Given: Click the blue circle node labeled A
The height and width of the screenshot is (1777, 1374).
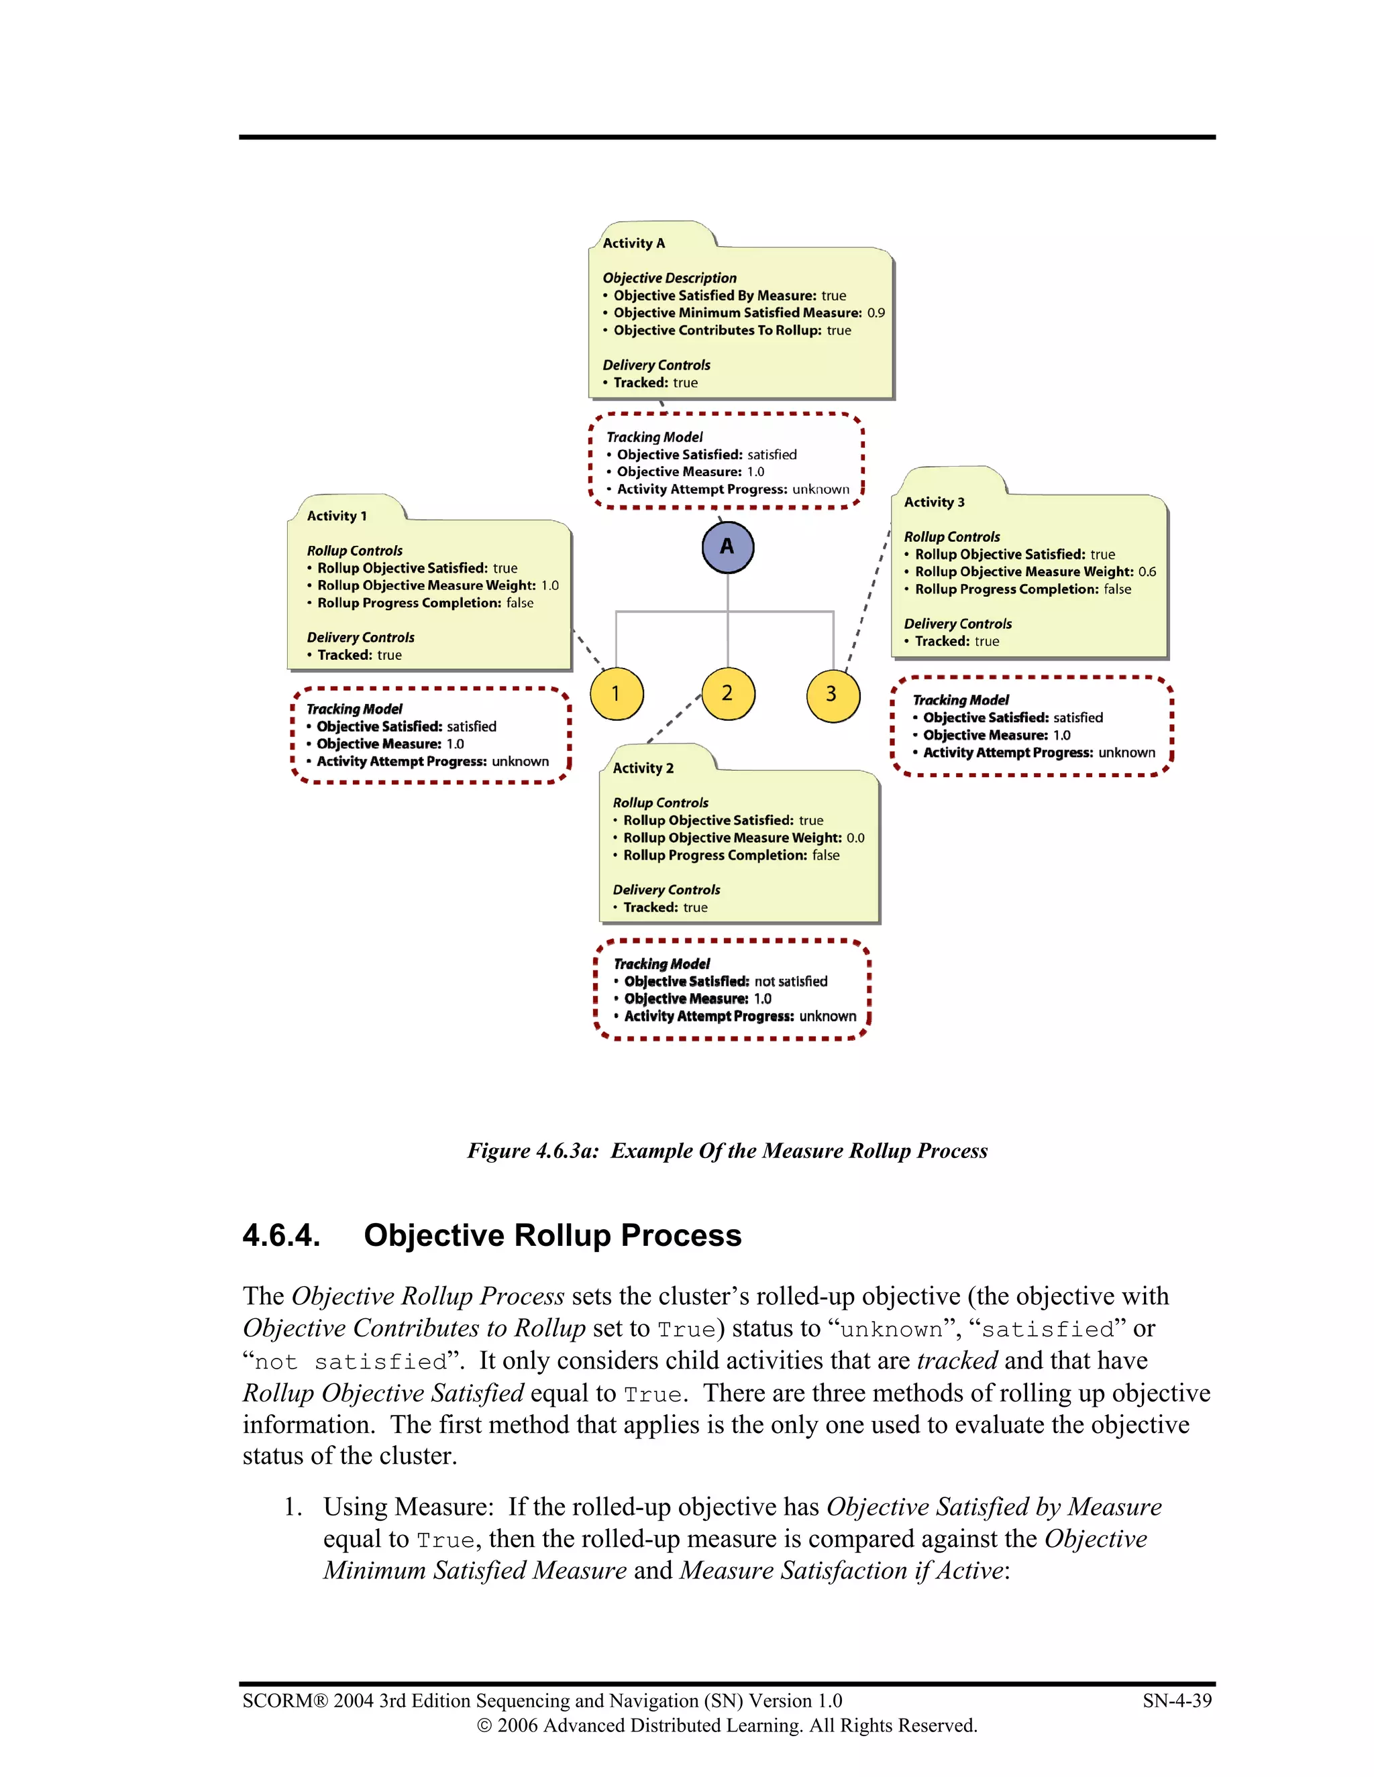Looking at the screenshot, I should (x=727, y=547).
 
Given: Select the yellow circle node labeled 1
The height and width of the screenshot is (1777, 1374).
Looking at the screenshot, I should (x=616, y=693).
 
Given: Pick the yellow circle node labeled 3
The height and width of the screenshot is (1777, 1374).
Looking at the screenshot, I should (x=832, y=694).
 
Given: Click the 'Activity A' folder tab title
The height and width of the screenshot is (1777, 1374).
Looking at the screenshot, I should (x=633, y=243).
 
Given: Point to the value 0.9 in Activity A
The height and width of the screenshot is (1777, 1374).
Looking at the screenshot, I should (x=876, y=312).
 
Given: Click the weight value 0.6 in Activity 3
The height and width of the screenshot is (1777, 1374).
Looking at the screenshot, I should (x=1147, y=571).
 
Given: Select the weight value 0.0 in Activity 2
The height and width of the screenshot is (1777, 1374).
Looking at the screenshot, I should (x=855, y=838).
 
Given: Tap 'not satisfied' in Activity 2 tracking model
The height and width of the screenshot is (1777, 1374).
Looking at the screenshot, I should (x=790, y=981).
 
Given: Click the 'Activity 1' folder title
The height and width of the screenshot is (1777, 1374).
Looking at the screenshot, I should (x=336, y=516).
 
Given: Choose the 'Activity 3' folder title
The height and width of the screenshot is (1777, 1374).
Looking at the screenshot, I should (x=934, y=502).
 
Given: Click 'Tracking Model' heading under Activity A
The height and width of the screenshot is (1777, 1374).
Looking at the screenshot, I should (x=654, y=437).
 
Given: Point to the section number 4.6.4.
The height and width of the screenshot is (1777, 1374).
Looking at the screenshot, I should (x=281, y=1235).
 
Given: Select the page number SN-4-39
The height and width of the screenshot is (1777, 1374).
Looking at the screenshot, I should (x=1176, y=1701).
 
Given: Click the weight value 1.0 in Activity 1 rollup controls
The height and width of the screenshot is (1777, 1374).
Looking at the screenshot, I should (x=549, y=585).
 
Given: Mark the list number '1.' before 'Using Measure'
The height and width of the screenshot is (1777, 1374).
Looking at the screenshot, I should (x=293, y=1507).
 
